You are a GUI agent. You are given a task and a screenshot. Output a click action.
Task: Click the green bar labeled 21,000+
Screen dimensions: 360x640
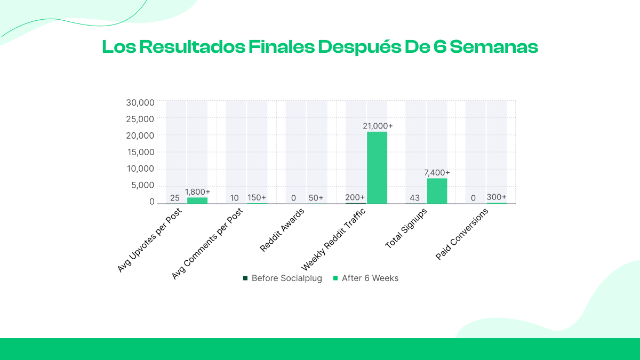[377, 167]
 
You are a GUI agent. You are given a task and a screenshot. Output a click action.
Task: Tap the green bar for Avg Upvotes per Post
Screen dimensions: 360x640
[197, 201]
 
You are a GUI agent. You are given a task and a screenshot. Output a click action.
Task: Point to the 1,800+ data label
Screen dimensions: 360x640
[197, 192]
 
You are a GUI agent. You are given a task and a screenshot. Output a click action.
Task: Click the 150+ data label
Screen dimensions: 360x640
[257, 197]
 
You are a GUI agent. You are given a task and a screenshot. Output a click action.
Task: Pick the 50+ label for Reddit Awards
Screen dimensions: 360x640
[316, 198]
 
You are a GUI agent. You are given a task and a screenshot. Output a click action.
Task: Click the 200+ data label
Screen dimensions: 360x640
[355, 197]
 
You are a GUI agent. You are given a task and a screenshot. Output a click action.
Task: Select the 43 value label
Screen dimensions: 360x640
[415, 198]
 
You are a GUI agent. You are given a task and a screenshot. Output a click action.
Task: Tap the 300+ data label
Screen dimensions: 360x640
[497, 197]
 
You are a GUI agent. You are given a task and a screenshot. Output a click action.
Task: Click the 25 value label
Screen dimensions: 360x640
[175, 198]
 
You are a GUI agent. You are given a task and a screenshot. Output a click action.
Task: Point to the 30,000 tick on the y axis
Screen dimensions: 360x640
[140, 102]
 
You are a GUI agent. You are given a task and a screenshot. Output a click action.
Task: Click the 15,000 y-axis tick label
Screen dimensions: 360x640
[140, 152]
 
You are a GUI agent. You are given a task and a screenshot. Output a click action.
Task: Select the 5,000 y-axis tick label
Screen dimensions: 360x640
[143, 185]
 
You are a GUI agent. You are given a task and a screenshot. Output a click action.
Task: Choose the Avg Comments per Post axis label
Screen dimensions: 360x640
[207, 243]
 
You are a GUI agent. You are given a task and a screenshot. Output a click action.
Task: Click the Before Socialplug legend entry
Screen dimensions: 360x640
[282, 278]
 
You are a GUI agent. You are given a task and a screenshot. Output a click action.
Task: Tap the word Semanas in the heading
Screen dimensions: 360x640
[493, 47]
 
